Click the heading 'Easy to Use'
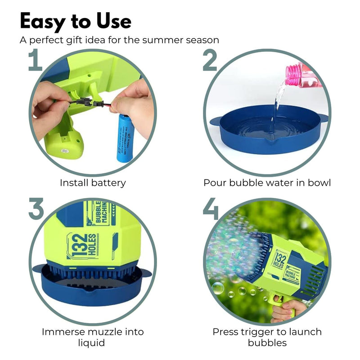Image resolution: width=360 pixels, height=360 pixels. click(x=76, y=21)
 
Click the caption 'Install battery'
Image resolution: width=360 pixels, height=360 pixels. click(x=93, y=183)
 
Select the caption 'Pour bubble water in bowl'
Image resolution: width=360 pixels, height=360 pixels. click(x=267, y=183)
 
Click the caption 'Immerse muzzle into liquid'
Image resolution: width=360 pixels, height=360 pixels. click(x=93, y=337)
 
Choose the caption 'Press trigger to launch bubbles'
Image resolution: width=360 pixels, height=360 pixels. click(x=267, y=337)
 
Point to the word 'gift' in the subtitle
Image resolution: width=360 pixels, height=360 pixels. click(x=79, y=40)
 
